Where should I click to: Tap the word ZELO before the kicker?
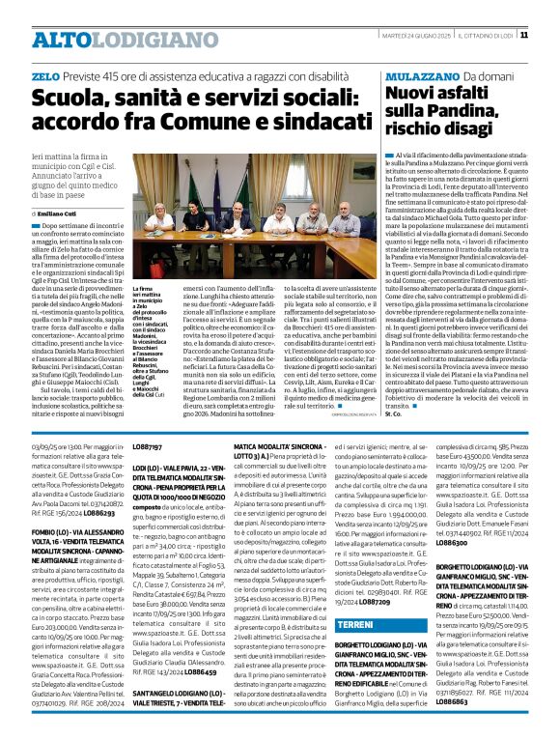[x=44, y=74]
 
